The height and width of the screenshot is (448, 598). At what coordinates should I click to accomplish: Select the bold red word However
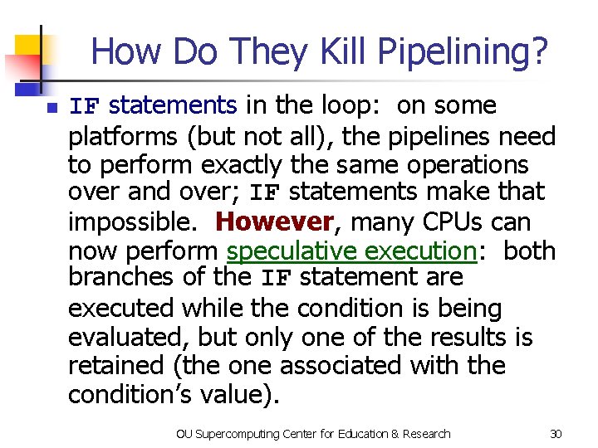[x=274, y=222]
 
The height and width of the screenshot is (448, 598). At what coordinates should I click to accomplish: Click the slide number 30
[x=556, y=433]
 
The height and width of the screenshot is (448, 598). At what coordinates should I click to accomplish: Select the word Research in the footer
[x=425, y=433]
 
